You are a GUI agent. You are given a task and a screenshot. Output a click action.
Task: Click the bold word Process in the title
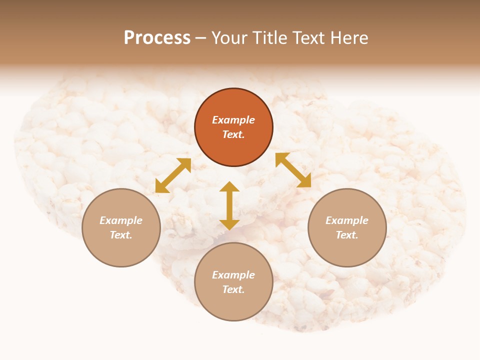157,38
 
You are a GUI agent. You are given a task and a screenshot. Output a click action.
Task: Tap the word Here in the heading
349,38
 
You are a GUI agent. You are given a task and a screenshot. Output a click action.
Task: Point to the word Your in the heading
229,38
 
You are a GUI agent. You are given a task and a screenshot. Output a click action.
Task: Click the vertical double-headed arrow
229,205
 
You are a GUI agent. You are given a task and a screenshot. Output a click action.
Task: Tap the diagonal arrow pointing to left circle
173,175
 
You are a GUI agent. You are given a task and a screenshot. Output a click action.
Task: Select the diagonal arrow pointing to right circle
293,170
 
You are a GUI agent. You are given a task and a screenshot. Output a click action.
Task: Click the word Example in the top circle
233,120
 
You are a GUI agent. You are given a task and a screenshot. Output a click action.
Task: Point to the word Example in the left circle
121,220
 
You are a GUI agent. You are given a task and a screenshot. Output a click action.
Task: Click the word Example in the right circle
347,220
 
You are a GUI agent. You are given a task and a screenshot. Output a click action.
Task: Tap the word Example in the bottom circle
233,275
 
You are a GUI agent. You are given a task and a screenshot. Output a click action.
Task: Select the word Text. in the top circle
233,134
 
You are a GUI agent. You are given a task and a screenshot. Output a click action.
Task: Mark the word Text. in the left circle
121,235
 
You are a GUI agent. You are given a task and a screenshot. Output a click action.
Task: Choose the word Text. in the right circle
347,235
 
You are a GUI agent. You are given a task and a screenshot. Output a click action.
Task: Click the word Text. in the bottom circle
233,289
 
